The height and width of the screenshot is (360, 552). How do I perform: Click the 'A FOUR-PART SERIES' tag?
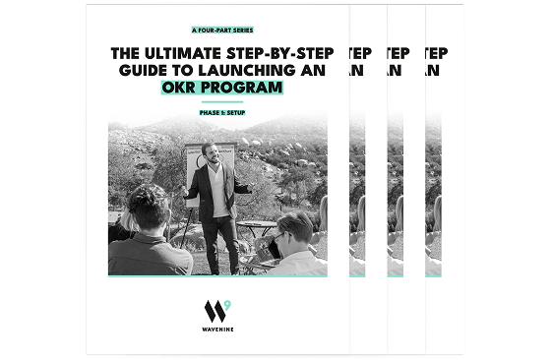pyautogui.click(x=222, y=30)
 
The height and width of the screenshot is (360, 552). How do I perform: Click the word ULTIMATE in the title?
pyautogui.click(x=183, y=53)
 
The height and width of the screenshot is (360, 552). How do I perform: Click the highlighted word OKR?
pyautogui.click(x=178, y=88)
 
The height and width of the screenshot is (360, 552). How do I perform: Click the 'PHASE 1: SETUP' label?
pyautogui.click(x=222, y=112)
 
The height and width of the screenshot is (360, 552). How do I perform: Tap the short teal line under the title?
pyautogui.click(x=222, y=102)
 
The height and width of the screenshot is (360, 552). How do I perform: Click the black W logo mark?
pyautogui.click(x=215, y=312)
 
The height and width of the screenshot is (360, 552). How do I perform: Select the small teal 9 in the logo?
pyautogui.click(x=227, y=305)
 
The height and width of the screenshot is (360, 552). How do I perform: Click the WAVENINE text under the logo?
pyautogui.click(x=217, y=330)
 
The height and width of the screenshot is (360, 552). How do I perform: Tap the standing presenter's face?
pyautogui.click(x=212, y=153)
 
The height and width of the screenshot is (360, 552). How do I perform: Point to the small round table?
pyautogui.click(x=256, y=229)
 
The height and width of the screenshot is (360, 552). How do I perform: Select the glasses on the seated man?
pyautogui.click(x=278, y=236)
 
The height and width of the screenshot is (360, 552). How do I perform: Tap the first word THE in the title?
pyautogui.click(x=125, y=53)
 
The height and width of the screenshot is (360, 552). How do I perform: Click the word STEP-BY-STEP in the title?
pyautogui.click(x=279, y=53)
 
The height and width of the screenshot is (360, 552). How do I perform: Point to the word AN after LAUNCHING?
pyautogui.click(x=313, y=70)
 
